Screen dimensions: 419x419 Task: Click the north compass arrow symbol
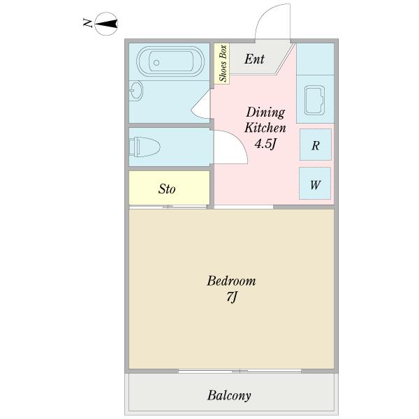pos(106,24)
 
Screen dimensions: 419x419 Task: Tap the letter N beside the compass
pos(87,24)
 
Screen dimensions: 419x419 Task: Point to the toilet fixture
pos(145,147)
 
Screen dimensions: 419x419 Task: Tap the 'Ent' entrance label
pos(254,59)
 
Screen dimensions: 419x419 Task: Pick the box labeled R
pos(316,145)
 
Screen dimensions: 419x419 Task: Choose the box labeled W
pos(316,184)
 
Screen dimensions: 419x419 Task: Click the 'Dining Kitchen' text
pos(265,120)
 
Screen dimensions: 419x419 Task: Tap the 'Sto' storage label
pos(167,189)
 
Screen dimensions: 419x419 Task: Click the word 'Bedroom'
pos(231,281)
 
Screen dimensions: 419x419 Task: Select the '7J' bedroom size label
pos(232,298)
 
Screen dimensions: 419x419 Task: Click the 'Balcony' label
pos(229,395)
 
